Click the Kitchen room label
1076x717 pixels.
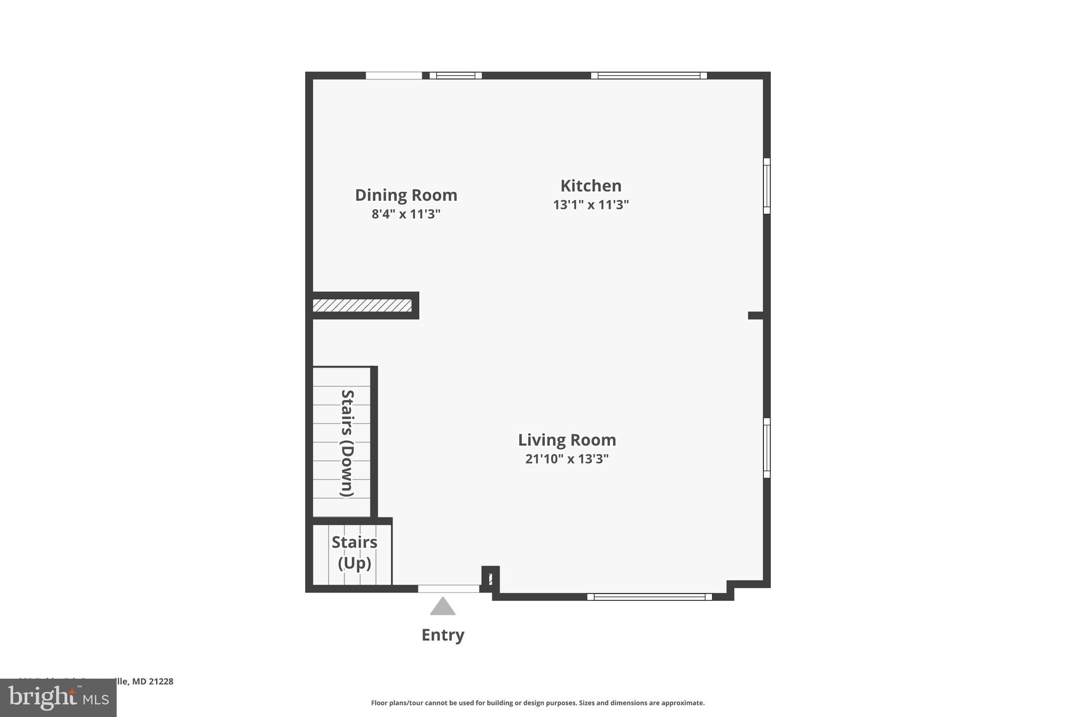coord(591,186)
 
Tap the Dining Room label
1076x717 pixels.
coord(406,195)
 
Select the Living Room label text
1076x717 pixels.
coord(567,440)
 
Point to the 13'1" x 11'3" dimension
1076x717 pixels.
coord(591,205)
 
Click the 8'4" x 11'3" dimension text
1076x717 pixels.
coord(406,214)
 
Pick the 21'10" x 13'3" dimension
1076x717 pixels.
coord(567,459)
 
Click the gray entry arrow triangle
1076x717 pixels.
coord(442,607)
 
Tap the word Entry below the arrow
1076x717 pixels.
coord(442,635)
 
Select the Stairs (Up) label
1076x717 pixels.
coord(354,553)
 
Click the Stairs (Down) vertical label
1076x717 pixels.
coord(347,443)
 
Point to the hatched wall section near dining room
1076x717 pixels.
coord(362,305)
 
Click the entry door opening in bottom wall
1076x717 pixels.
coord(448,589)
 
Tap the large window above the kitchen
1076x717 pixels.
coord(649,76)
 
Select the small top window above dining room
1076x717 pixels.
coord(456,76)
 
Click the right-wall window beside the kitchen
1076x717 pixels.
coord(767,186)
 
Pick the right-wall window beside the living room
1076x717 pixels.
coord(767,448)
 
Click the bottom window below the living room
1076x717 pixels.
coord(649,597)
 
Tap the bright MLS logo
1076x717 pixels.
coord(58,698)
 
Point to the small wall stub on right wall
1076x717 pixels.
coord(756,315)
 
